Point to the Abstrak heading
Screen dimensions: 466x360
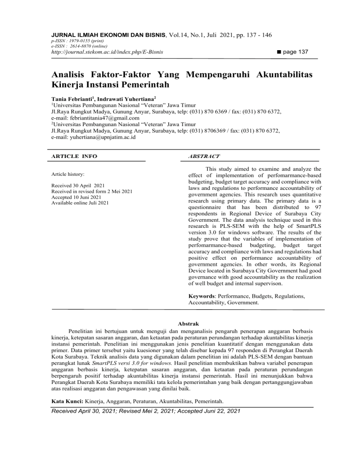tap(180, 323)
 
